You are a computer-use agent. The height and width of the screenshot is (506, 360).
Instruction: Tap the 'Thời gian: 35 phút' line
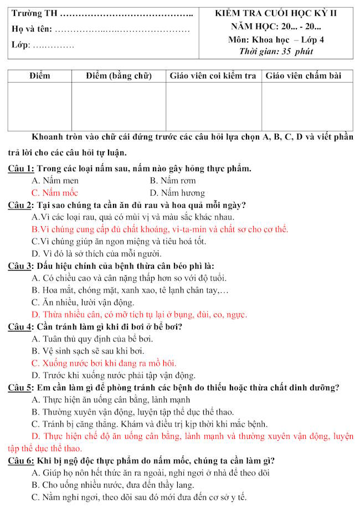coord(276,52)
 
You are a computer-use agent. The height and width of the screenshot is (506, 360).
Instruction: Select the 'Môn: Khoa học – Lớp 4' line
coord(276,39)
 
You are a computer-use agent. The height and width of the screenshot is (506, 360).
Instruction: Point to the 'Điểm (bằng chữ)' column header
coord(119,75)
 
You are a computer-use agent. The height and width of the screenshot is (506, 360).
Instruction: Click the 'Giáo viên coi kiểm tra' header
coord(213,75)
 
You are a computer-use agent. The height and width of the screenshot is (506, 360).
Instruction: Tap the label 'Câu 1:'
coord(22,168)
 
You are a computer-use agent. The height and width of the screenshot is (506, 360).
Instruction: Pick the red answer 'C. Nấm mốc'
coord(55,193)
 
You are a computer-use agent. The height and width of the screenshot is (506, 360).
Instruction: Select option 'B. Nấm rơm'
coord(172,181)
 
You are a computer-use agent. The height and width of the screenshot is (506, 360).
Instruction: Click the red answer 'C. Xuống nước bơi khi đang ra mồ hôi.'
coord(104,364)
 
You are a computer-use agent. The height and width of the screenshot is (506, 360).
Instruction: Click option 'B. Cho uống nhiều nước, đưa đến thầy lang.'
coord(113,485)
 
